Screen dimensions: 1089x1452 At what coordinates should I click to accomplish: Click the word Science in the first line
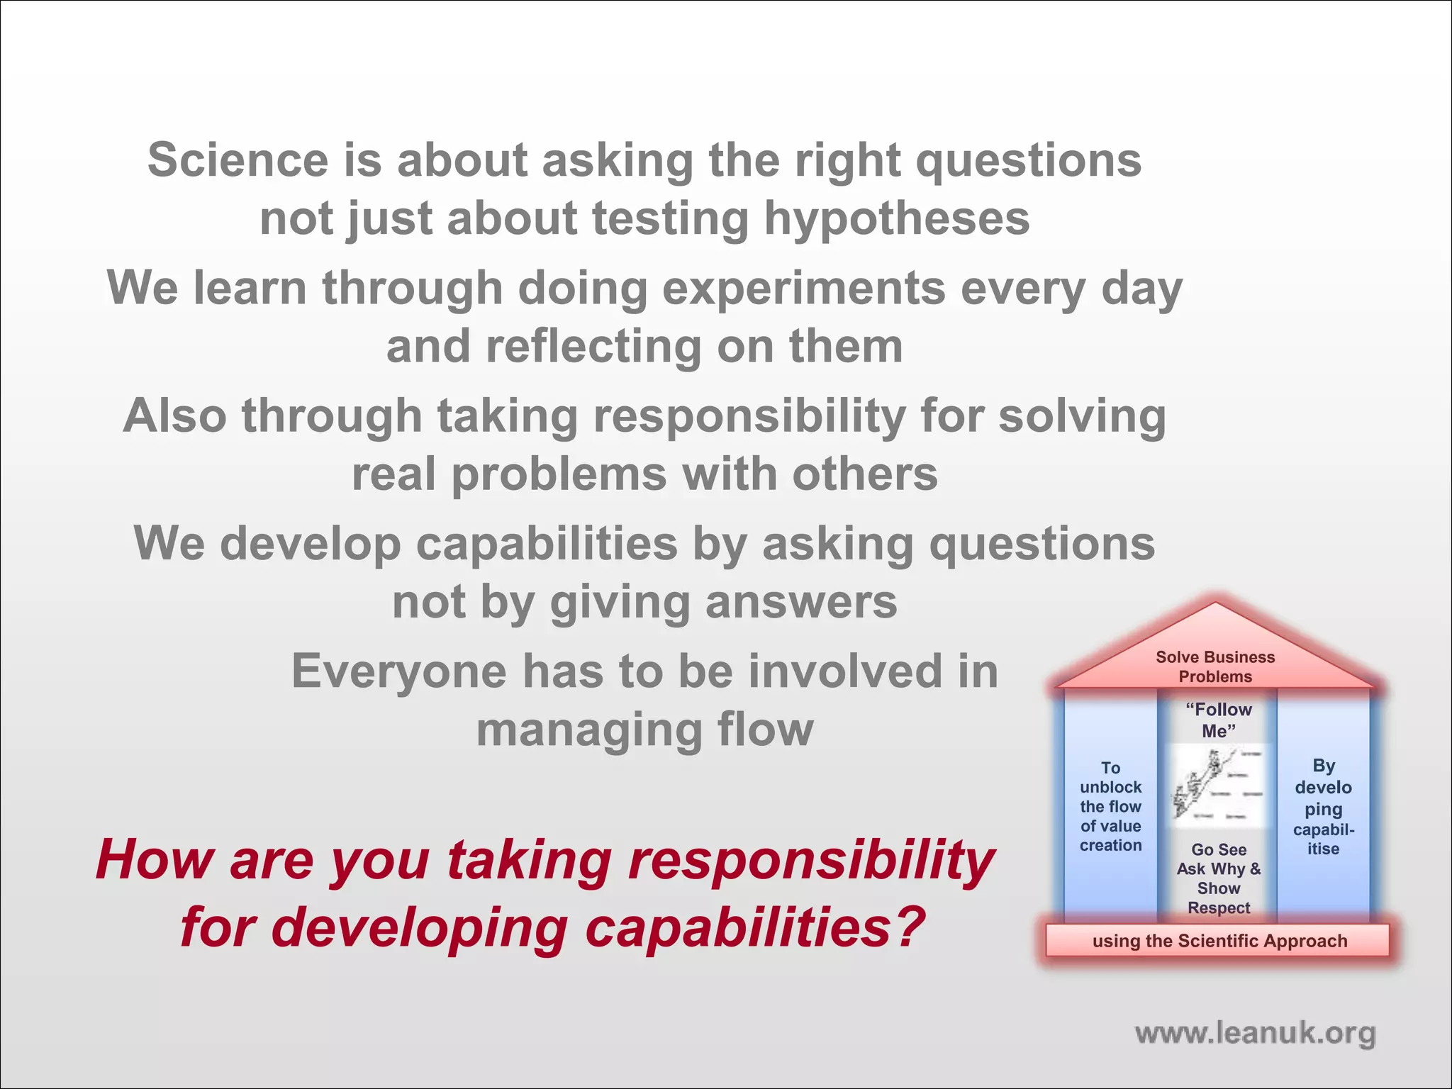click(x=238, y=160)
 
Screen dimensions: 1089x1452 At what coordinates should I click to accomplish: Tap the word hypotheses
click(x=896, y=219)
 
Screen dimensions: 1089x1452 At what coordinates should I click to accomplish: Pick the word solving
click(x=1082, y=416)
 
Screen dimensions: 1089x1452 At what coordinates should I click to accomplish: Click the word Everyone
click(x=399, y=671)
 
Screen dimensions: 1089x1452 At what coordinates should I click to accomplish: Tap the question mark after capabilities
click(x=907, y=927)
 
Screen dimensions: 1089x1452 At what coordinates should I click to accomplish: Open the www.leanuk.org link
click(x=1255, y=1033)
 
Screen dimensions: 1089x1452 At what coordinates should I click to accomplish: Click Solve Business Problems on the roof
click(x=1215, y=666)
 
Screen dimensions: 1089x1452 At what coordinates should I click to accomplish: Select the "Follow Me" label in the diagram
click(x=1218, y=720)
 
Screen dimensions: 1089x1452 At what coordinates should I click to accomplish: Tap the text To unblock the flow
click(x=1110, y=806)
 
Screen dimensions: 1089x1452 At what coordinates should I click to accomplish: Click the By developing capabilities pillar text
click(x=1323, y=807)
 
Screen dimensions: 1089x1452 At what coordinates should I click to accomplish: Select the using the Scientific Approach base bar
click(x=1219, y=941)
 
